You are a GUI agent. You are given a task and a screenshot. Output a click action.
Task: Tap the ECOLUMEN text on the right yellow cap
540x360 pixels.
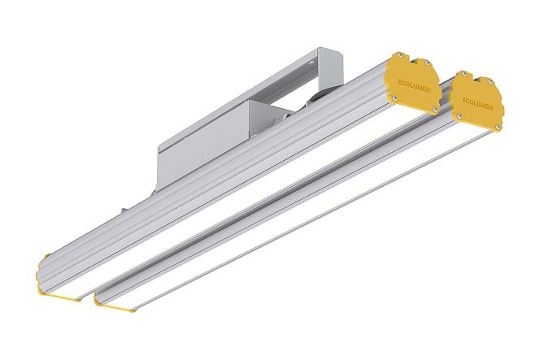pos(477,103)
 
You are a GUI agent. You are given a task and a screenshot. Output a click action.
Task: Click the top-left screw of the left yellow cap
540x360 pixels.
pos(399,54)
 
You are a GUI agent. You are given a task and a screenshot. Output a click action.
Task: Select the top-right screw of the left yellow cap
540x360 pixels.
pos(427,63)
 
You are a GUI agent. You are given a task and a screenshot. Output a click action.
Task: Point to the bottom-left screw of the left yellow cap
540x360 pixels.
pos(394,99)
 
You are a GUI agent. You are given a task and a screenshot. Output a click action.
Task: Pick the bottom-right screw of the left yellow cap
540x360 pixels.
pos(434,110)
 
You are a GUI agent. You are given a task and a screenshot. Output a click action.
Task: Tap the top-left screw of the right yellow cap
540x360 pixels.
pos(464,73)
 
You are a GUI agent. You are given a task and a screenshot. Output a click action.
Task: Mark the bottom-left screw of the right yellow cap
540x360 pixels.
pos(459,116)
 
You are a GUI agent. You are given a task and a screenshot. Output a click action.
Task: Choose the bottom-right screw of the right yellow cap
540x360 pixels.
pos(497,128)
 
